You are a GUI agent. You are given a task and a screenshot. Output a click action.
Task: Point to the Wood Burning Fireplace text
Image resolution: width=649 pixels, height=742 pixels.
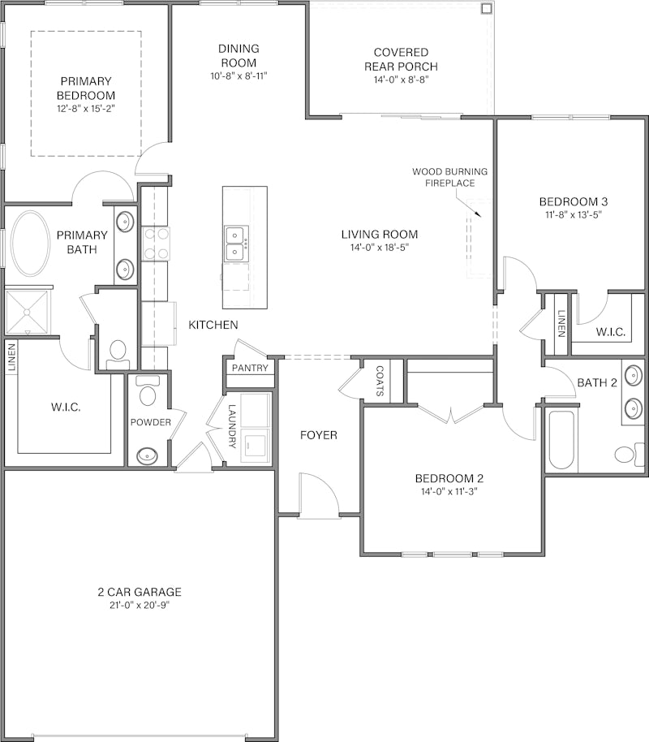click(x=449, y=177)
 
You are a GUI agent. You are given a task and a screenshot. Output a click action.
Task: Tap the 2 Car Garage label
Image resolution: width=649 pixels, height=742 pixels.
click(x=140, y=592)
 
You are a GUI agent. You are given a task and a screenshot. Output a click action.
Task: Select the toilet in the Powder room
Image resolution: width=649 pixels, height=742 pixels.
click(x=147, y=395)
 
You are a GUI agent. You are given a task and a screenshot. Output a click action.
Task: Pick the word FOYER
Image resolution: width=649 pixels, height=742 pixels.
click(x=318, y=435)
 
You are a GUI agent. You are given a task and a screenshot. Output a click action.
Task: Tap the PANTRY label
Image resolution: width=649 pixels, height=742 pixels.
click(x=250, y=368)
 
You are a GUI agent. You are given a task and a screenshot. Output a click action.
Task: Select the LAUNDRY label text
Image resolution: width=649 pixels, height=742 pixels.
click(x=232, y=426)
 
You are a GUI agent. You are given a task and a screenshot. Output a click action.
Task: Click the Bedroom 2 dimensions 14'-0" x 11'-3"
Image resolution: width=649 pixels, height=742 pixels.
click(x=449, y=491)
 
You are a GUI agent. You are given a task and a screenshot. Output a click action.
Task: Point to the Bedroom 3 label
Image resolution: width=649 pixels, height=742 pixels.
click(x=574, y=201)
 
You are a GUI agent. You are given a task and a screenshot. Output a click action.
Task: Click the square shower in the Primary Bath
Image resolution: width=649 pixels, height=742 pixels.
click(x=28, y=311)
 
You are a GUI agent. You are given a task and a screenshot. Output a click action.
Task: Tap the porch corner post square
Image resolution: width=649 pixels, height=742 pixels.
click(x=486, y=9)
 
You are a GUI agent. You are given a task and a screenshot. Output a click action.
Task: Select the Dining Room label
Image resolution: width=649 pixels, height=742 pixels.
click(x=238, y=55)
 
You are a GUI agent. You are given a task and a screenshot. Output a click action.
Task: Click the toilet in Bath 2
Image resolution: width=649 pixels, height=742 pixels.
click(x=625, y=452)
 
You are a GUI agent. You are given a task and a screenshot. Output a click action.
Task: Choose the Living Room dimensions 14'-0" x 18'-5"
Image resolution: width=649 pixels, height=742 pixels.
click(x=379, y=248)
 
